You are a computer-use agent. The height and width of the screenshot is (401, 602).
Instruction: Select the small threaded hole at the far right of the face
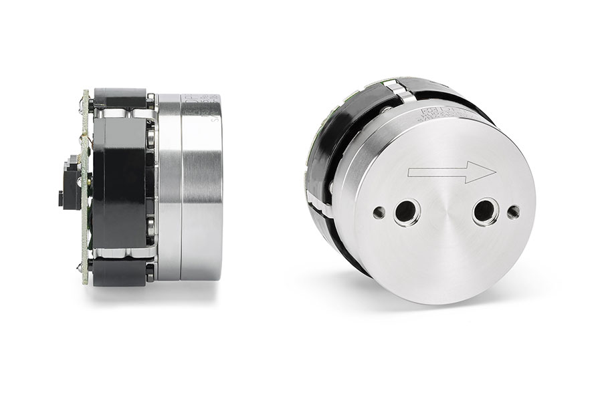513,213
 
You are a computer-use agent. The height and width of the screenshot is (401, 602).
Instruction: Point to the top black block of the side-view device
120,97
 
